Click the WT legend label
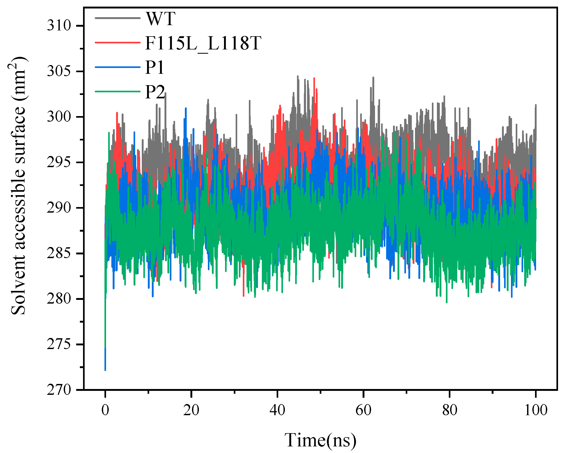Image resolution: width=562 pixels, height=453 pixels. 161,19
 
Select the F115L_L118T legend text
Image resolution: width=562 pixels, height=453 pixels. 203,43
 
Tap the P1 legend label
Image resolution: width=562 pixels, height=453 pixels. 155,68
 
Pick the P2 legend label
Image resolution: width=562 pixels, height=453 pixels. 155,92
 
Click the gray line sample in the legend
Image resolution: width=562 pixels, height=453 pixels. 117,18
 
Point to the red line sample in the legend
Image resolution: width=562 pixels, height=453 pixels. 117,42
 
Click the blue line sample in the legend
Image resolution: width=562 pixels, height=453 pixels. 117,67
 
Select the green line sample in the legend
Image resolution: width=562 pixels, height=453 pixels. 117,91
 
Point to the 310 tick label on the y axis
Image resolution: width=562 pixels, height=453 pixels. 59,26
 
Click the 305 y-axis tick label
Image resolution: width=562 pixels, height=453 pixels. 59,71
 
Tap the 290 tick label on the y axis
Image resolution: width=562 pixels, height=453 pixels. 59,208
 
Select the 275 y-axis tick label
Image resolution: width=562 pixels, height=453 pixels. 59,344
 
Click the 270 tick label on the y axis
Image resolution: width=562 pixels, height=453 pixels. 59,390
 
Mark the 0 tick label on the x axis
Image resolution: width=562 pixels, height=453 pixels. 105,410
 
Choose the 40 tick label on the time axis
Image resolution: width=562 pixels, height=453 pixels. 277,410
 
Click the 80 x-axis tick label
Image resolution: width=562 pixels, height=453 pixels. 450,410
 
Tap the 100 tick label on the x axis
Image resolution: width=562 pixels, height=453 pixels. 536,410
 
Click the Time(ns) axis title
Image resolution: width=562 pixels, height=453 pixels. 321,440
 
